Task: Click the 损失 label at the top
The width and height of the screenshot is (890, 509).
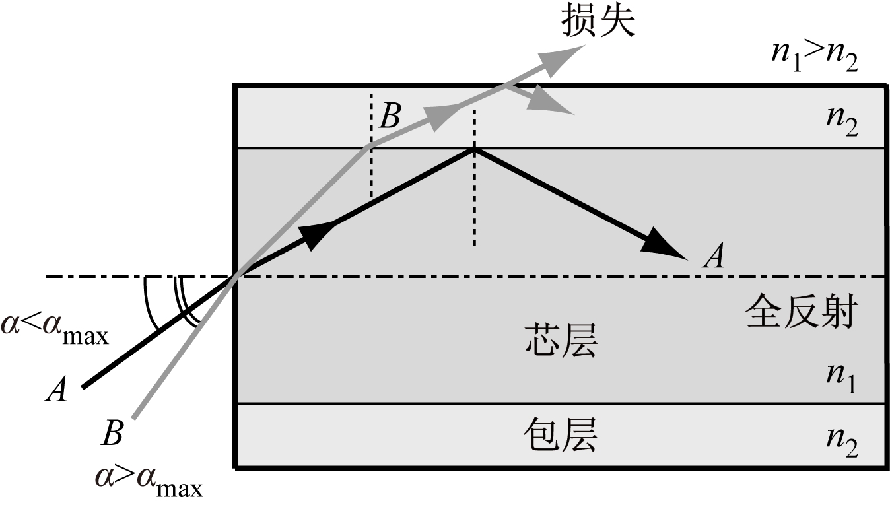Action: click(598, 22)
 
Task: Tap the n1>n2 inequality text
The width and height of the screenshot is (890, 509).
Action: click(815, 57)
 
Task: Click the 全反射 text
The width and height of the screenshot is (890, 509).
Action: click(800, 312)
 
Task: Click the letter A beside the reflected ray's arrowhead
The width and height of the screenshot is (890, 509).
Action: click(713, 256)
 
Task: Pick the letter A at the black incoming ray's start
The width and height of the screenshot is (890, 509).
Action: click(56, 391)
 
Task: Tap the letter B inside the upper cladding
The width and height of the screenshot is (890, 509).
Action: click(390, 117)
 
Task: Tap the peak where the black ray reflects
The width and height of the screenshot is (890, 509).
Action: click(473, 149)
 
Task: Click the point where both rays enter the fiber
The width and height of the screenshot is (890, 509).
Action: click(237, 277)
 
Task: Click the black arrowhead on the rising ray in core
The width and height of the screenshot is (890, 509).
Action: click(317, 234)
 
